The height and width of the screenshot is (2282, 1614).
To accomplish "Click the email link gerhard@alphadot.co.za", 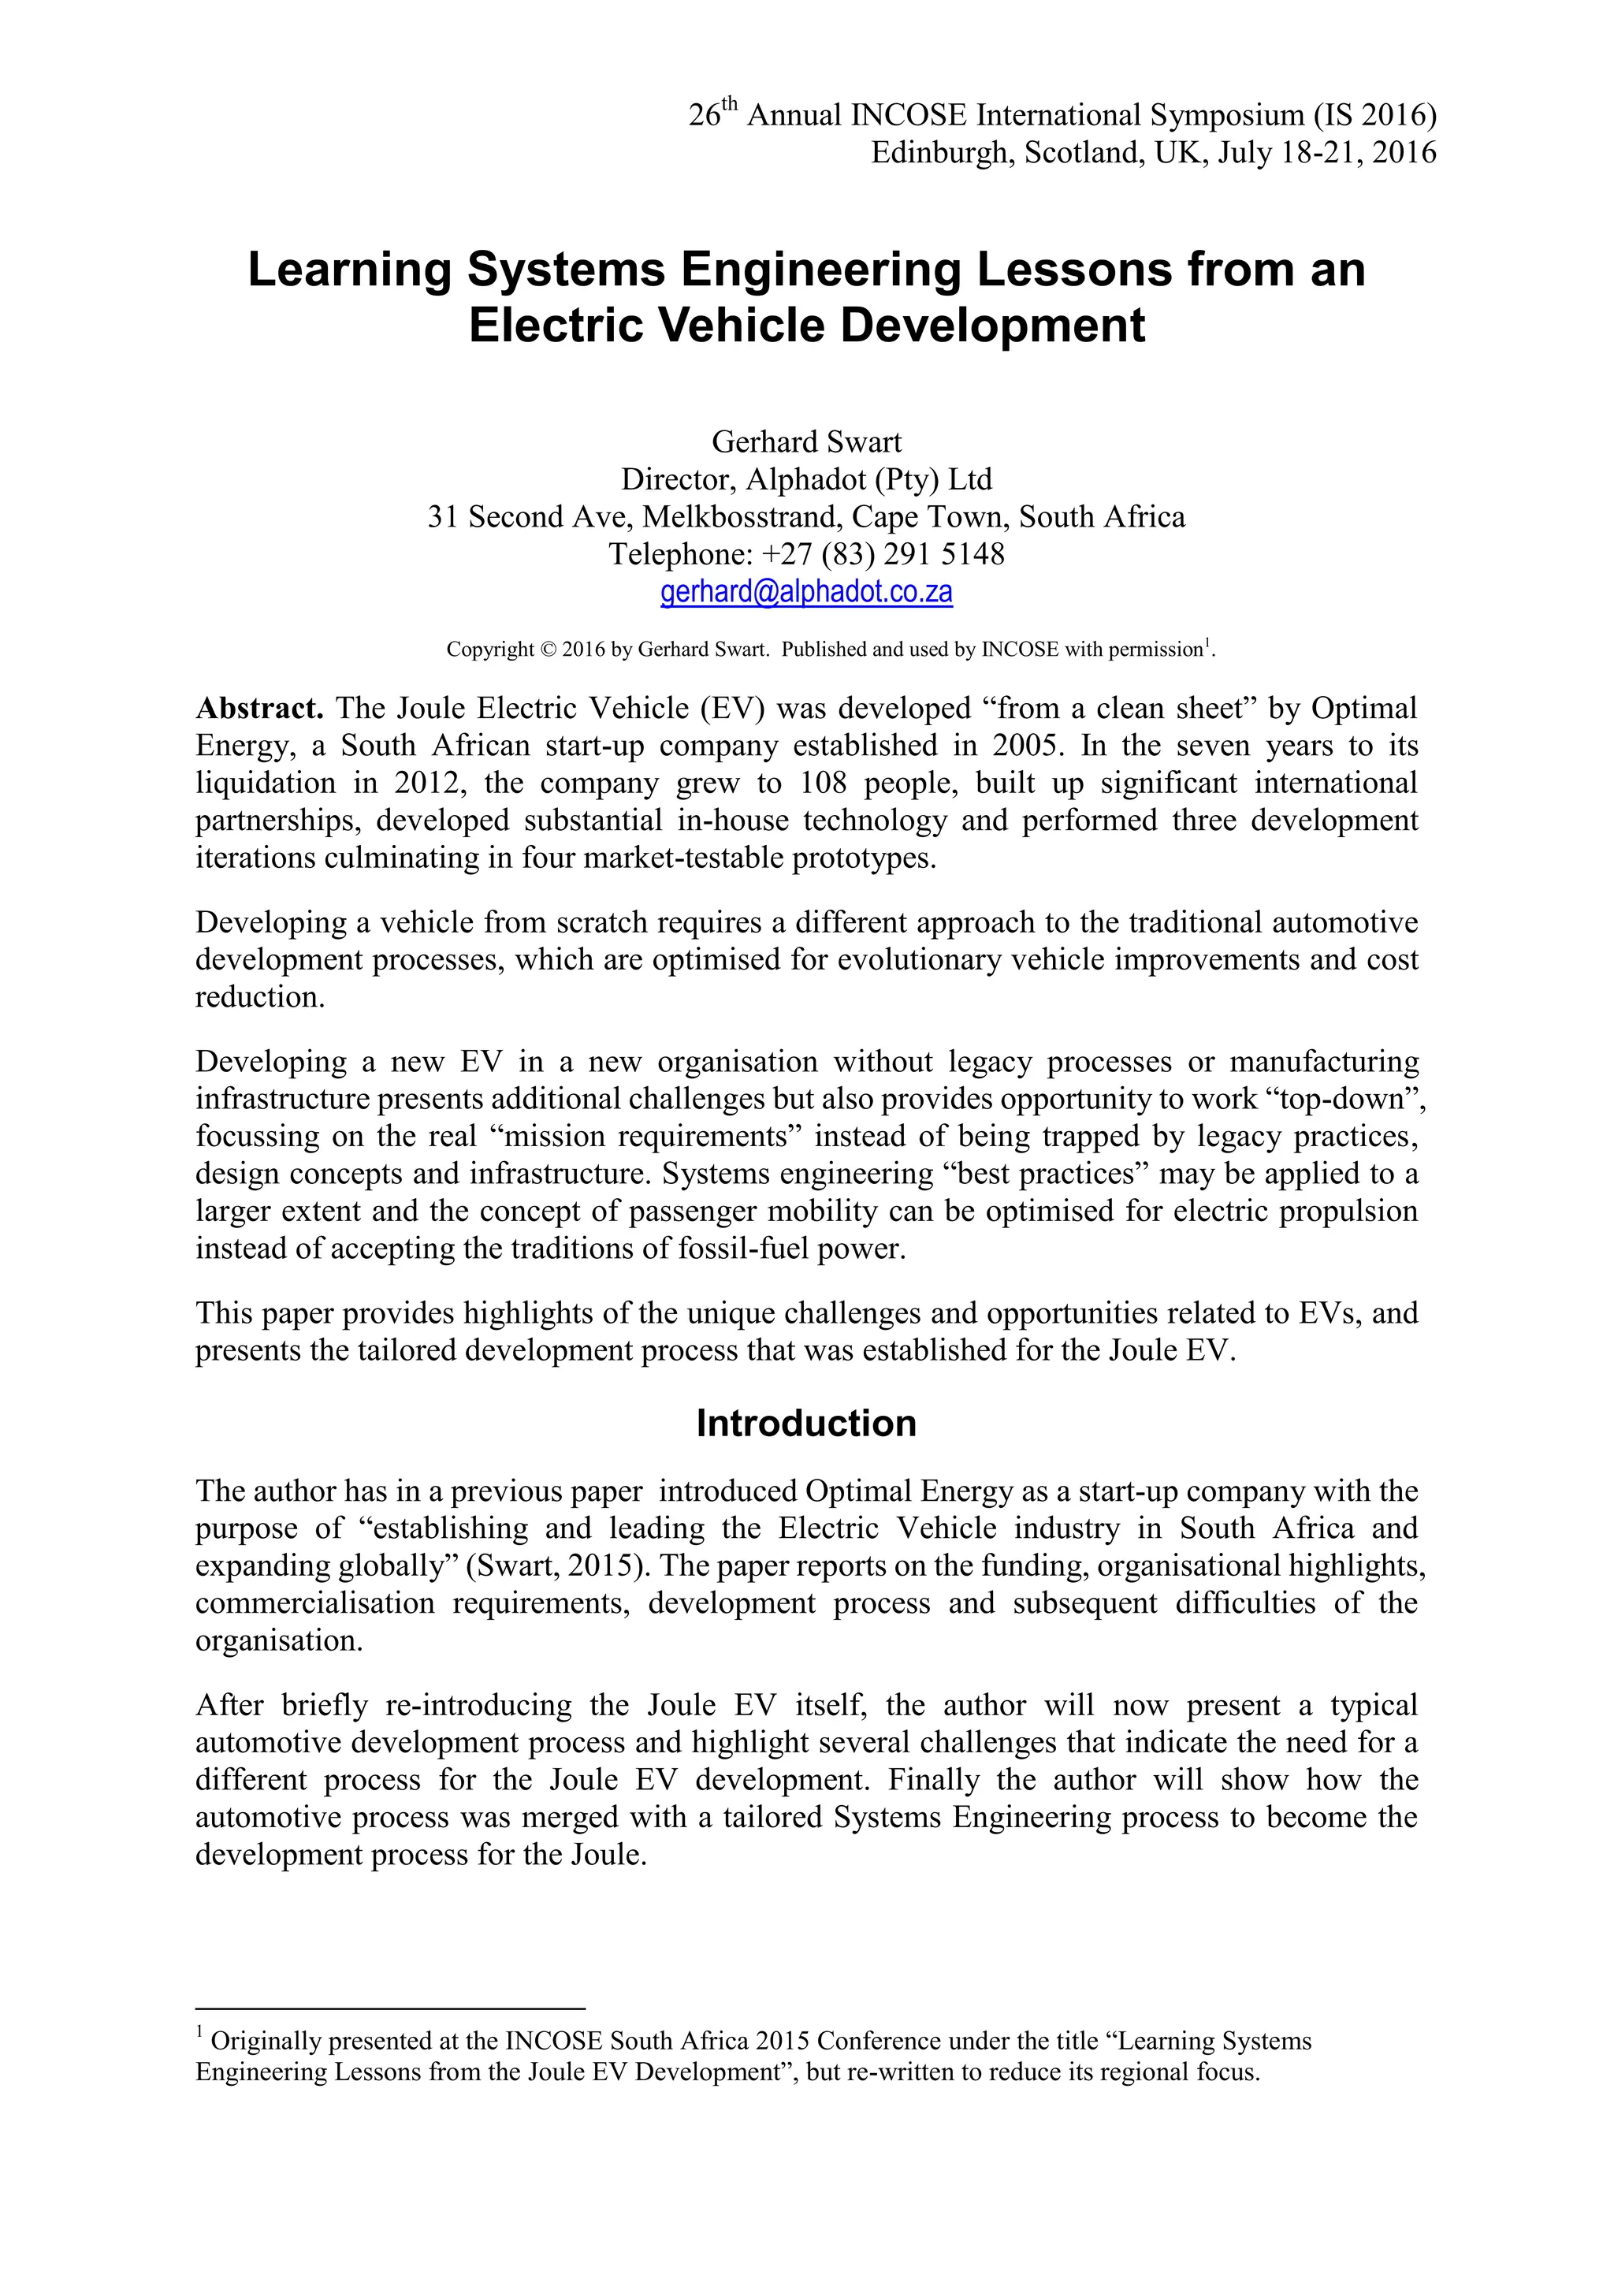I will click(x=806, y=592).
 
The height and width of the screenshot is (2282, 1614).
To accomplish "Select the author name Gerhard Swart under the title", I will click(x=806, y=442).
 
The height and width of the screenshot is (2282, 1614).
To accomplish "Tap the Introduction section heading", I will click(x=806, y=1424).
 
